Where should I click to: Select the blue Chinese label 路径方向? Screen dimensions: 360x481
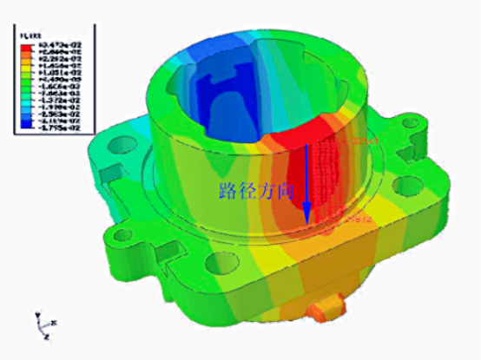point(257,191)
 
